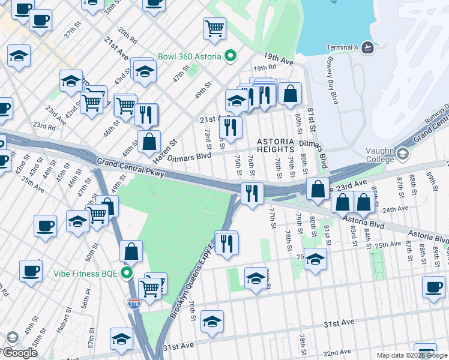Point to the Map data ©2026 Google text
(412, 355)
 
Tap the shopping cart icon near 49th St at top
(215, 28)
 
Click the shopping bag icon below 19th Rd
(290, 93)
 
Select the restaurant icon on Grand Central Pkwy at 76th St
(252, 193)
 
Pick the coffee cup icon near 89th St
(433, 287)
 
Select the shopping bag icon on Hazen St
(149, 142)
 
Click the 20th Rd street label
(127, 33)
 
